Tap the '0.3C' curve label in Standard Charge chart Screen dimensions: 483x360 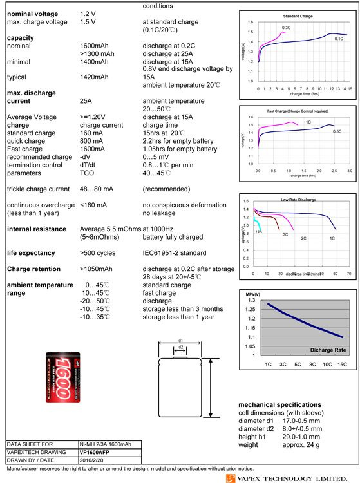287,28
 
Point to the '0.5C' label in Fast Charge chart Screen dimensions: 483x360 336,131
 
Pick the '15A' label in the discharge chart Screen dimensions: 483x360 258,231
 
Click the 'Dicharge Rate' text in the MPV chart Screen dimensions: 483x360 328,350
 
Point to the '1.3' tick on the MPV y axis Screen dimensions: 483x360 251,300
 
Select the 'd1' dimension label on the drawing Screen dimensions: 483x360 181,339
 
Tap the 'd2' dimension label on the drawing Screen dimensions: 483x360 181,347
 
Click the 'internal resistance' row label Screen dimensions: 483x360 36,229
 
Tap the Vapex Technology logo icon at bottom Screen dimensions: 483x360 231,478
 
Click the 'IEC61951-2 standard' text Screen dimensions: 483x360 174,253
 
